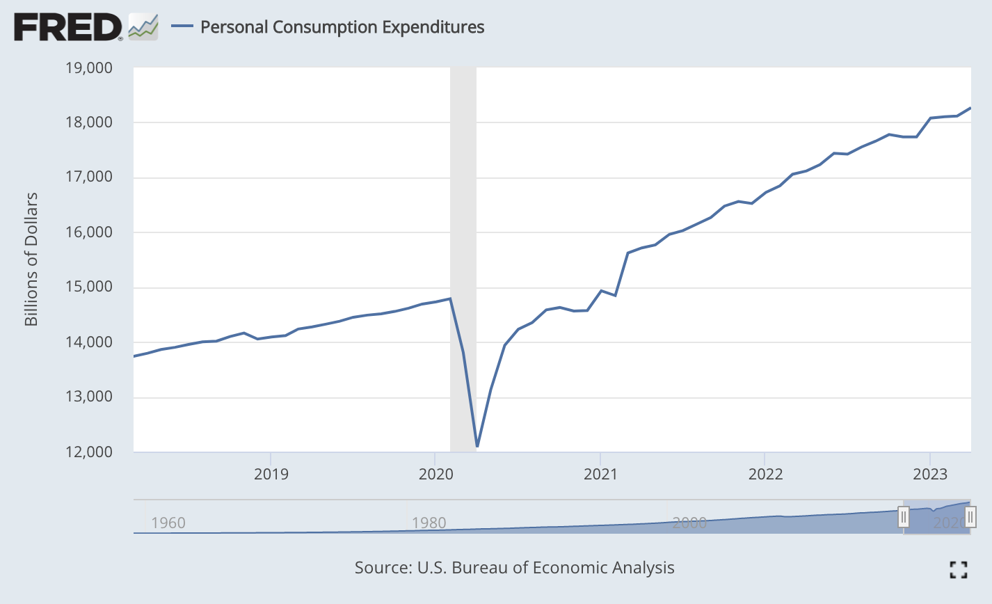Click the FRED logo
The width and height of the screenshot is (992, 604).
tap(68, 27)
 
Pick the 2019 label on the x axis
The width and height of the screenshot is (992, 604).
tap(271, 474)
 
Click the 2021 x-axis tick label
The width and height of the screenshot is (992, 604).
tap(600, 474)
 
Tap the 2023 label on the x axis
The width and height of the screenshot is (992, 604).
tap(930, 474)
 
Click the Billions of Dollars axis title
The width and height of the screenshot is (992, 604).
tap(31, 259)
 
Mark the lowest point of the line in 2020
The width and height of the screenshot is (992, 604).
tap(477, 446)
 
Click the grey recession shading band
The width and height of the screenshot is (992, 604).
tap(463, 209)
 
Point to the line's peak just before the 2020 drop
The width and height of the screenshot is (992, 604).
tap(451, 299)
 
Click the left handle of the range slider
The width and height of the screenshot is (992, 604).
tap(903, 517)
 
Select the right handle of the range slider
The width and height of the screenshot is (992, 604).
tap(970, 517)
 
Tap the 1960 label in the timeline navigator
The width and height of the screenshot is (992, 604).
tap(168, 523)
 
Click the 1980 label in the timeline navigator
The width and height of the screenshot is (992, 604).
tap(429, 523)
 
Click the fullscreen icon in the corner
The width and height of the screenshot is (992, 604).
tap(958, 570)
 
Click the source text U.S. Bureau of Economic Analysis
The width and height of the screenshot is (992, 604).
tap(514, 567)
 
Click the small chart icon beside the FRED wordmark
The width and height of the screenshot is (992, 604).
tap(143, 27)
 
